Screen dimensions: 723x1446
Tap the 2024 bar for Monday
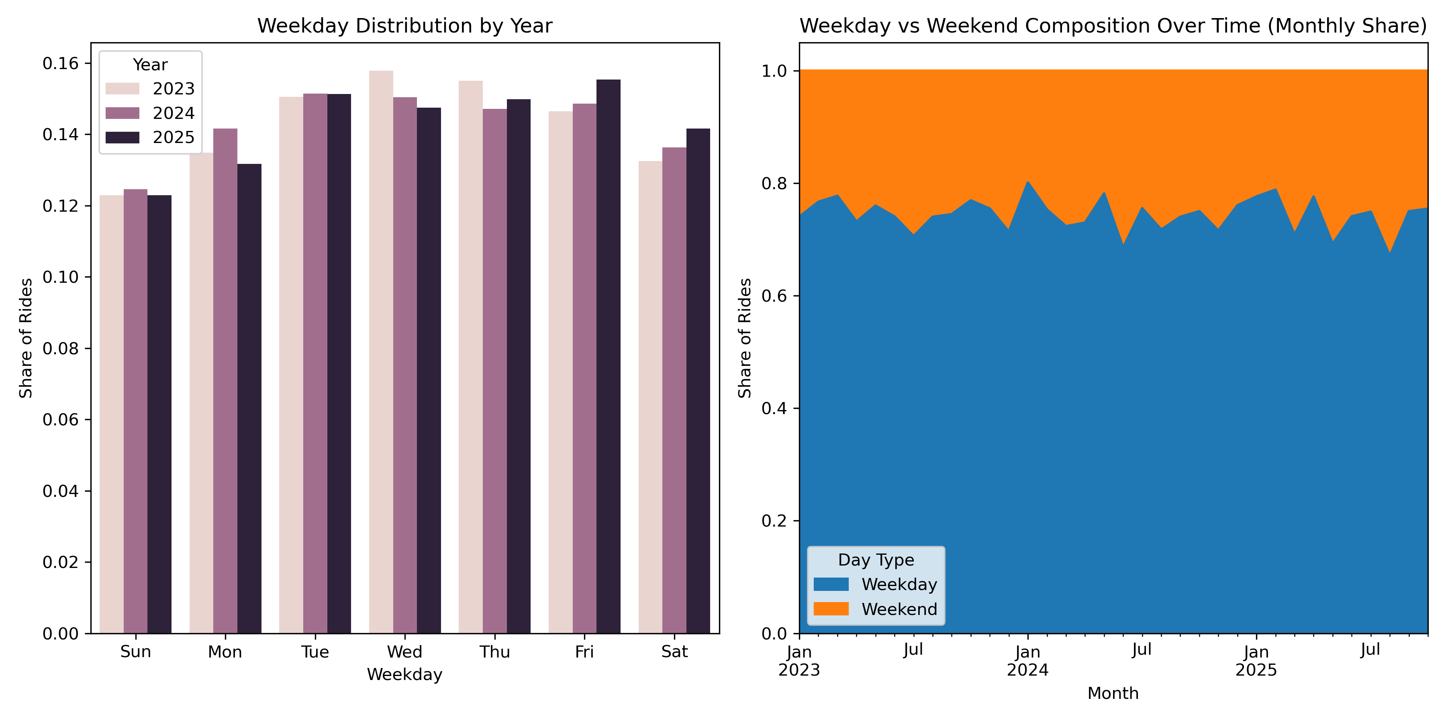click(x=225, y=381)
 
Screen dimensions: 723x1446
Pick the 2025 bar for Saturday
click(x=698, y=381)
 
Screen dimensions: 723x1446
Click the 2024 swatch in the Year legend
click(x=123, y=113)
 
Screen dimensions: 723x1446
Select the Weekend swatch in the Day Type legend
click(x=831, y=609)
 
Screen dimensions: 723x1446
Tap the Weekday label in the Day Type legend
click(x=899, y=584)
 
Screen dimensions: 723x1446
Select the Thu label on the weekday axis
click(x=494, y=652)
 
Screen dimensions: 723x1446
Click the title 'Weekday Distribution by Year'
click(x=405, y=26)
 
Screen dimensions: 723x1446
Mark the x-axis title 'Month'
click(x=1113, y=693)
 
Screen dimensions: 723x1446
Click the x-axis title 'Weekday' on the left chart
click(x=405, y=674)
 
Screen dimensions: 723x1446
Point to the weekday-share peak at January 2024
click(x=1028, y=182)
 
